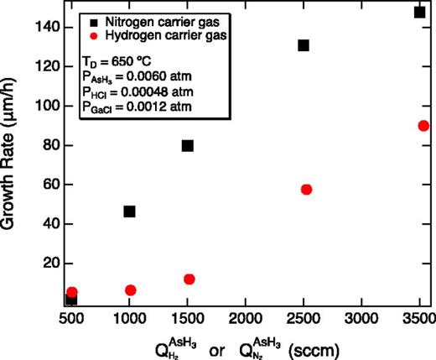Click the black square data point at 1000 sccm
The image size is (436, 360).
(x=129, y=211)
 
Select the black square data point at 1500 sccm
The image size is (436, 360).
(x=188, y=145)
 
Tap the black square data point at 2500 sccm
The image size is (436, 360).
(x=304, y=45)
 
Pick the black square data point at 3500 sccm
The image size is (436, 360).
(x=419, y=12)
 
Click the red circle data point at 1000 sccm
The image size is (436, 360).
(x=130, y=290)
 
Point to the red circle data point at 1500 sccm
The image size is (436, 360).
(x=189, y=279)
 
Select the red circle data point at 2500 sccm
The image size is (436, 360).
(x=306, y=190)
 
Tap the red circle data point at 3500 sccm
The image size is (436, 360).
(x=423, y=126)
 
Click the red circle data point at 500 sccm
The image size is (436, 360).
(x=72, y=292)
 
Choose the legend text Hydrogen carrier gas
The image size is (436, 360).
(x=161, y=39)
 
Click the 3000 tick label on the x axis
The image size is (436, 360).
(x=361, y=320)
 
